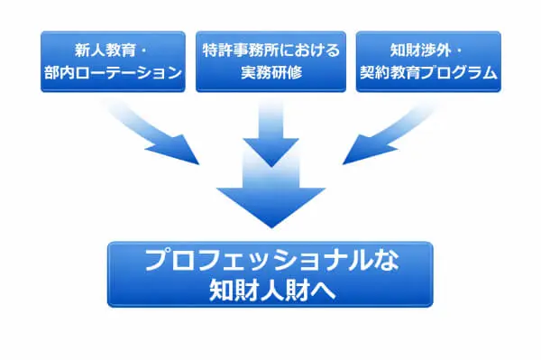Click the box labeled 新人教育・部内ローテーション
click(113, 61)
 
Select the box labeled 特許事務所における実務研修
click(270, 61)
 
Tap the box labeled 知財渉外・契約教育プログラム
click(428, 61)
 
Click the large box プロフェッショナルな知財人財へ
click(270, 274)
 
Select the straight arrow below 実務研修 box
click(270, 131)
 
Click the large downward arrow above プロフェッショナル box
click(270, 194)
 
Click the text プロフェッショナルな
click(270, 261)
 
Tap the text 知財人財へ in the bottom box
click(270, 291)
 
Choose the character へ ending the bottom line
click(322, 291)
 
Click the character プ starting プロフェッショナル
click(157, 261)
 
